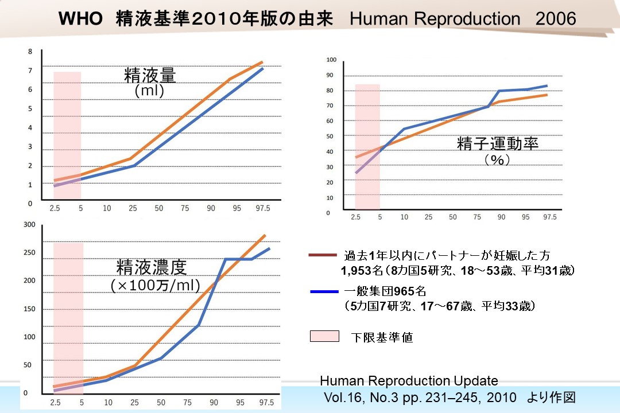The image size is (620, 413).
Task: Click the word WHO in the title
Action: tap(80, 20)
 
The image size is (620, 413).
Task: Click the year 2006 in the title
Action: tap(555, 20)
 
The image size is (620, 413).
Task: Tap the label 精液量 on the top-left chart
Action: tap(150, 75)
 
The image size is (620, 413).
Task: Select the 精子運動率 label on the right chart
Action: tap(498, 143)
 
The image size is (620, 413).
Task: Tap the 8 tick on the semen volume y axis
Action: tap(30, 52)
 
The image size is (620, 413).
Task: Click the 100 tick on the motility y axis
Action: tap(331, 60)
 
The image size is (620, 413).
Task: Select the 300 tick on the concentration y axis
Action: tap(29, 224)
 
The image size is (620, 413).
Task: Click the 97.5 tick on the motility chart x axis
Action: tap(549, 217)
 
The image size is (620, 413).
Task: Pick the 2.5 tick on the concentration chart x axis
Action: tap(55, 402)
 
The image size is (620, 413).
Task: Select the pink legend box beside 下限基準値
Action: tap(324, 336)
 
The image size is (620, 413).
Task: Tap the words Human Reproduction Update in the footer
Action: tap(409, 381)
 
